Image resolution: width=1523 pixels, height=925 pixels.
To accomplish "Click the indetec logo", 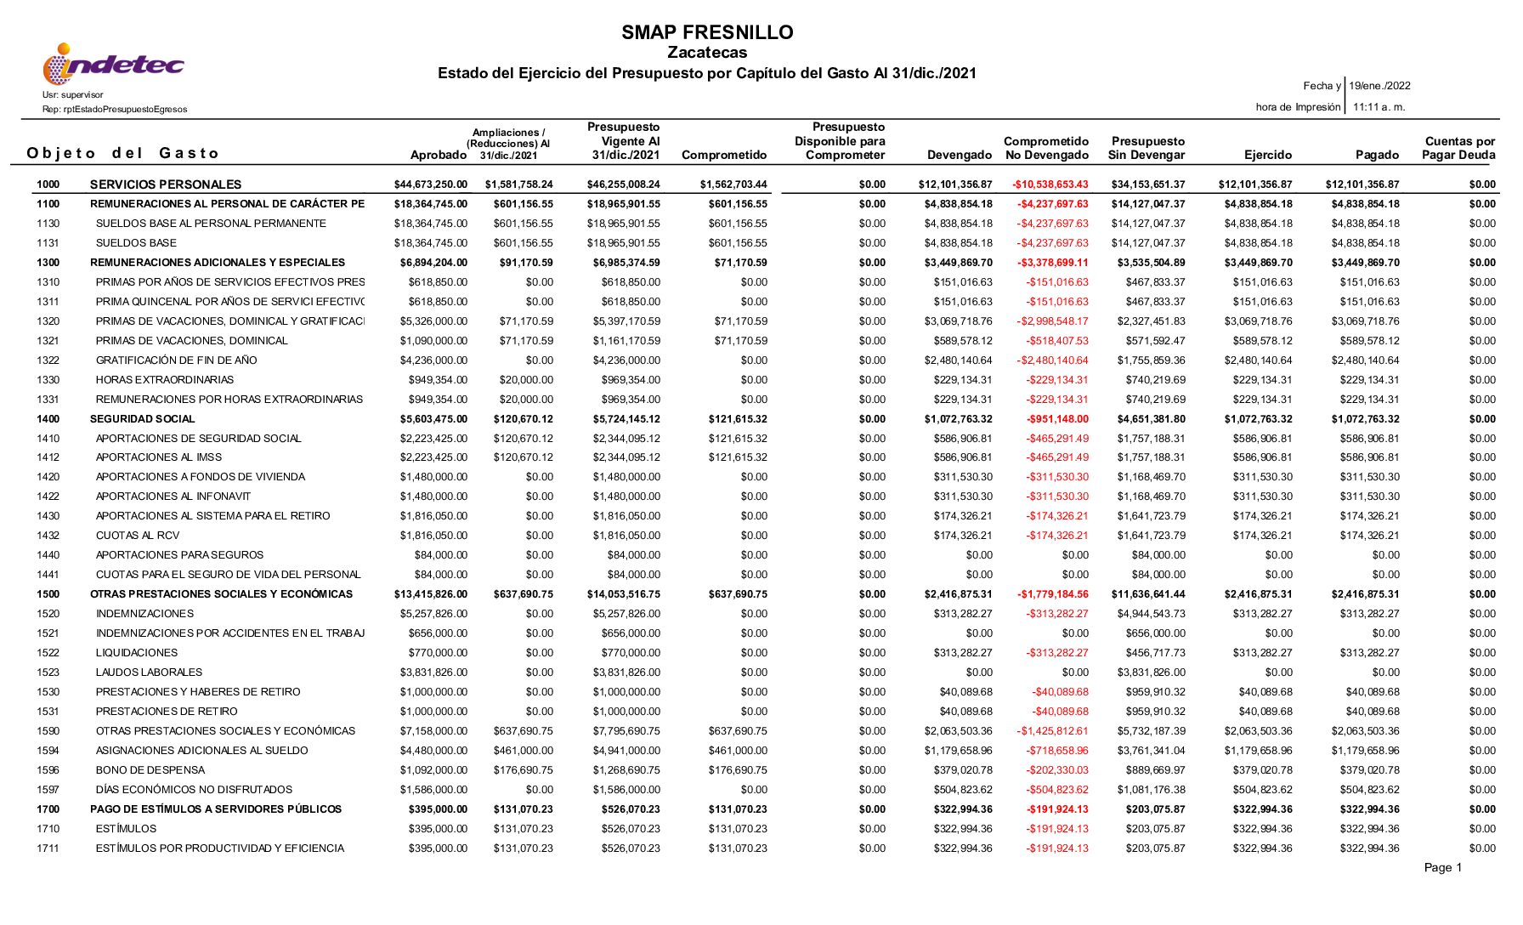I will (x=113, y=65).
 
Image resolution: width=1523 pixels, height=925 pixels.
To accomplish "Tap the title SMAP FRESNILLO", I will (x=707, y=32).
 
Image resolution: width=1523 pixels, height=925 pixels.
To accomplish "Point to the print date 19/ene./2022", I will (x=1379, y=86).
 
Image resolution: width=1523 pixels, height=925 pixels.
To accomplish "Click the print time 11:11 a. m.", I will (x=1379, y=107).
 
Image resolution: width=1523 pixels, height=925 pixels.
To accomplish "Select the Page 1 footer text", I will (x=1442, y=868).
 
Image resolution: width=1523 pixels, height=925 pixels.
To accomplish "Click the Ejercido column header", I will (x=1268, y=155).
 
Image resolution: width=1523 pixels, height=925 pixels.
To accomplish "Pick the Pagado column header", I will (x=1377, y=155).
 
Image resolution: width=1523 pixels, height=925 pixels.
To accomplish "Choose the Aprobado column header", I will (x=439, y=155).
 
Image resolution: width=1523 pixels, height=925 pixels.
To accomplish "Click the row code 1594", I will (x=48, y=751).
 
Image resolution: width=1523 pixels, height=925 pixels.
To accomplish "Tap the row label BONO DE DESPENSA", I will (x=150, y=770).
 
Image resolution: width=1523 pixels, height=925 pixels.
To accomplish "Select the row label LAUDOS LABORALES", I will (x=149, y=672).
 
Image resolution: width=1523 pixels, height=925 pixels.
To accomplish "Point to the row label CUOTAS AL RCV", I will (x=138, y=536).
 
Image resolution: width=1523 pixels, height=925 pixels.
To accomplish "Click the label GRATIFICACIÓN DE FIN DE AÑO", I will (x=176, y=360).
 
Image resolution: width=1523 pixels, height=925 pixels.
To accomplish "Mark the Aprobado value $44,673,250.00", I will (x=430, y=184).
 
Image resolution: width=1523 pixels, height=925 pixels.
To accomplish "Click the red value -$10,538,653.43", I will (x=1050, y=184).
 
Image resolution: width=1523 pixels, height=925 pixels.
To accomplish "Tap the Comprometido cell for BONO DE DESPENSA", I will (x=738, y=770).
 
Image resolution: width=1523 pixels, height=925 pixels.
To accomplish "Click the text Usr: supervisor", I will (x=73, y=95).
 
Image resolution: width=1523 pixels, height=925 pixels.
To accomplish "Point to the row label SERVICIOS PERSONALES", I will (x=166, y=184).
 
